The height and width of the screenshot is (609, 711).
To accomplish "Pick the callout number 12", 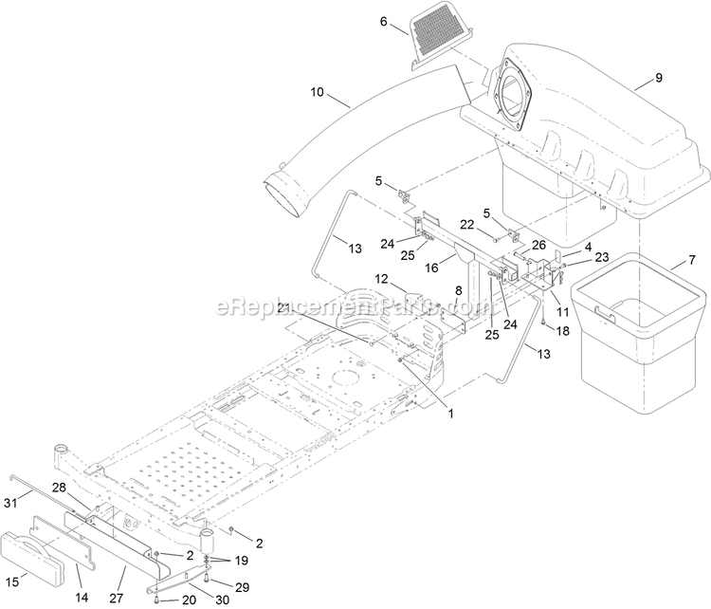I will tap(407, 279).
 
